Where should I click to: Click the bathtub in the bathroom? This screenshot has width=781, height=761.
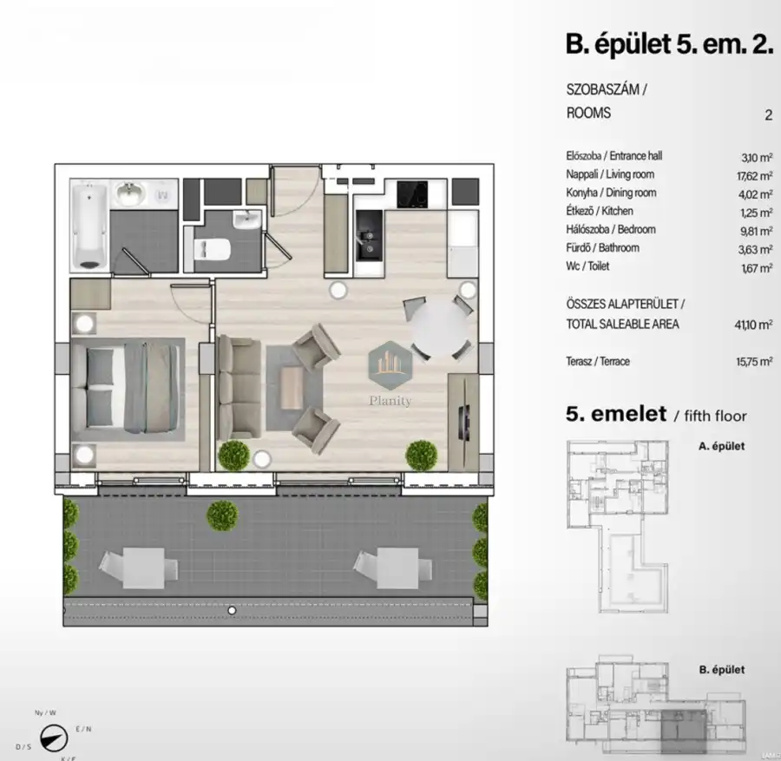click(90, 225)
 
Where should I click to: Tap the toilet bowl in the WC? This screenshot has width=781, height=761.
click(211, 249)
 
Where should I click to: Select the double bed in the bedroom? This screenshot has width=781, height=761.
click(127, 387)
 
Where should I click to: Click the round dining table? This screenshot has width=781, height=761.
click(442, 327)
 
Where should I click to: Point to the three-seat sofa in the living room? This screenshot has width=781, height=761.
click(239, 386)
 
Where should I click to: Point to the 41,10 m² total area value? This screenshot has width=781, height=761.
click(751, 325)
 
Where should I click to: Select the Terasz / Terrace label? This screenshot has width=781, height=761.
click(597, 361)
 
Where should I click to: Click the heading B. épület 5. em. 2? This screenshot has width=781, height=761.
click(668, 44)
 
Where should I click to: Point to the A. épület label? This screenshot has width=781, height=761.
click(721, 447)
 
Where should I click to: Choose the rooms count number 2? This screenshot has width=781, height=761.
click(768, 113)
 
